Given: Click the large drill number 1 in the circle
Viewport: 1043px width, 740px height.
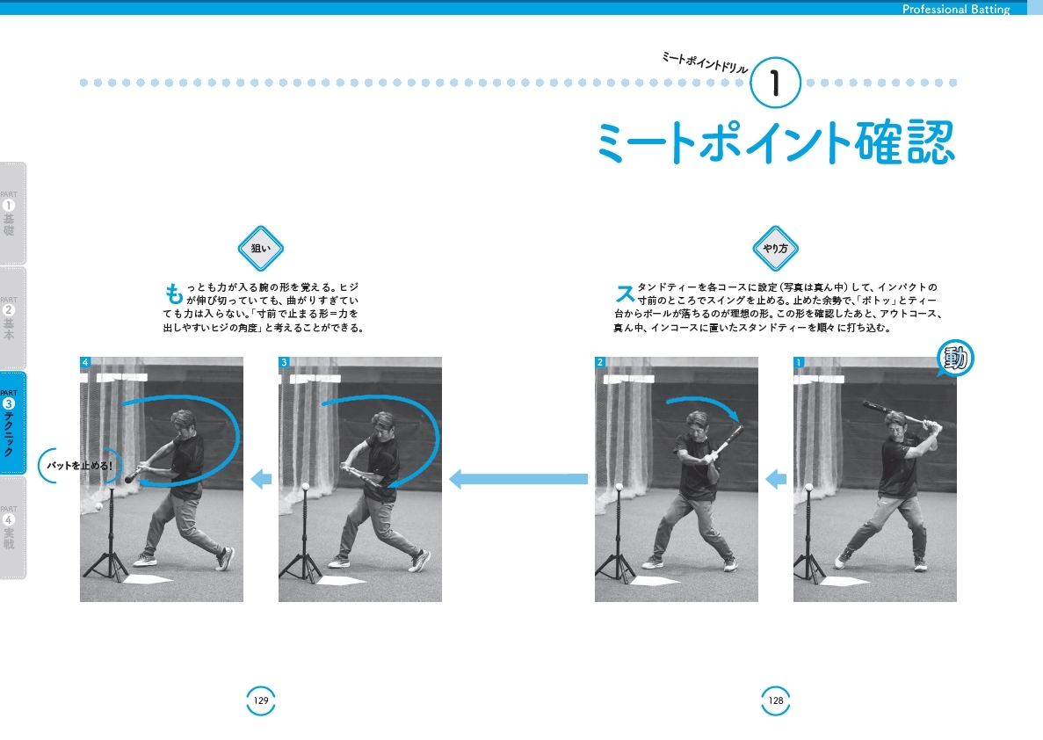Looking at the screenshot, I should coord(775,83).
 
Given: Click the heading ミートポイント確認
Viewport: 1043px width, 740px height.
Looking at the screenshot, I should coord(775,142).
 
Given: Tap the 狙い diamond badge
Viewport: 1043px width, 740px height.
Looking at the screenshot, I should coord(261,249).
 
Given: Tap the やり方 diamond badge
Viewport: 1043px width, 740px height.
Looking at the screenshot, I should coord(775,249).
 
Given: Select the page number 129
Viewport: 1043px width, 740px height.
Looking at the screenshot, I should coord(261,700).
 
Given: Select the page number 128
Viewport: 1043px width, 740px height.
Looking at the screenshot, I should coord(776,700).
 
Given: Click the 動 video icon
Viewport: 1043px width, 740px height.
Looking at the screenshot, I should coord(956,359).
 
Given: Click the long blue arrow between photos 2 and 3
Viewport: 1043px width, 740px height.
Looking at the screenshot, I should coord(518,479).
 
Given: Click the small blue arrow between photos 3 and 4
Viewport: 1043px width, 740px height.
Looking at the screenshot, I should coord(261,479).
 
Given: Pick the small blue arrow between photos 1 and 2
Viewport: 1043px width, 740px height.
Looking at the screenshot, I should coord(776,479).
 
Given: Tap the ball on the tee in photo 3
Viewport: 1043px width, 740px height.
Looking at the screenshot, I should coord(304,486).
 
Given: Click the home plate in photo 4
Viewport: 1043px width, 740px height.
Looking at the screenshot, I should coord(148,579).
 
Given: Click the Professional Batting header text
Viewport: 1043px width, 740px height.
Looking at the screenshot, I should coord(956,10).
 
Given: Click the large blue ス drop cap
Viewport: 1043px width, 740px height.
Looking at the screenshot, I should coord(624,293).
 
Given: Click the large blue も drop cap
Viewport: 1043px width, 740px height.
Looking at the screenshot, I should coord(174,293).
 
